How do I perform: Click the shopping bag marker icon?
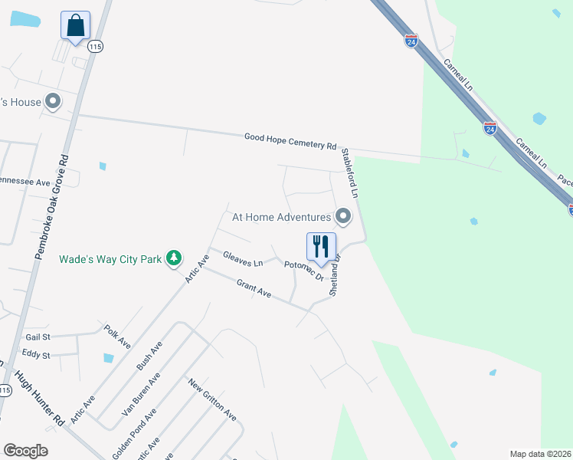(x=75, y=26)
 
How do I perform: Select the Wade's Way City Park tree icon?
(x=175, y=258)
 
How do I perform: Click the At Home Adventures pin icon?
(x=344, y=218)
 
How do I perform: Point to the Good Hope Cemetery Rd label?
(x=290, y=141)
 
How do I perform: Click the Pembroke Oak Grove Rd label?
(x=52, y=208)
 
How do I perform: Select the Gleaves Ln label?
(x=242, y=258)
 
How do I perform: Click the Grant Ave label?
(x=254, y=289)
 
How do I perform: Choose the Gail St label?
(x=37, y=337)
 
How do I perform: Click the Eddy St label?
(x=36, y=356)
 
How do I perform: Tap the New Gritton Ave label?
(x=212, y=399)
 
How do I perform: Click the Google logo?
(x=25, y=451)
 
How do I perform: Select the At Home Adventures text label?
(x=281, y=218)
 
